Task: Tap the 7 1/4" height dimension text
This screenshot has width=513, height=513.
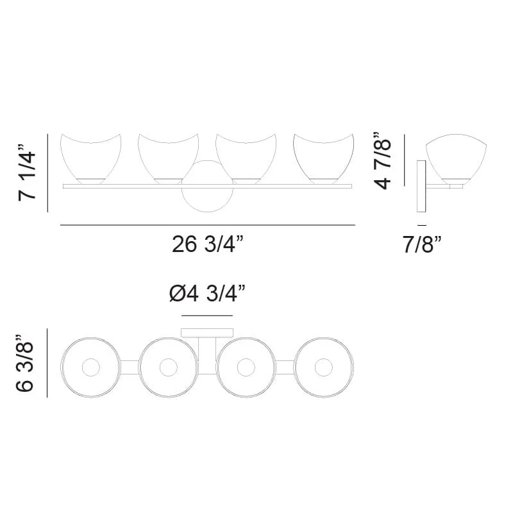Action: pyautogui.click(x=27, y=172)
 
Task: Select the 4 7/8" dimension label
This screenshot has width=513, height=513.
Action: pyautogui.click(x=382, y=161)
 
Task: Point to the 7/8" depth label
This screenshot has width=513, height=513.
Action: pyautogui.click(x=422, y=244)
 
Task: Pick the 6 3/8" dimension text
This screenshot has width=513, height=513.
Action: pyautogui.click(x=24, y=363)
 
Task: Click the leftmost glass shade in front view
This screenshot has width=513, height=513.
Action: pyautogui.click(x=90, y=159)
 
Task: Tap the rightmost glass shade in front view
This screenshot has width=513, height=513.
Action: pyautogui.click(x=324, y=159)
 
